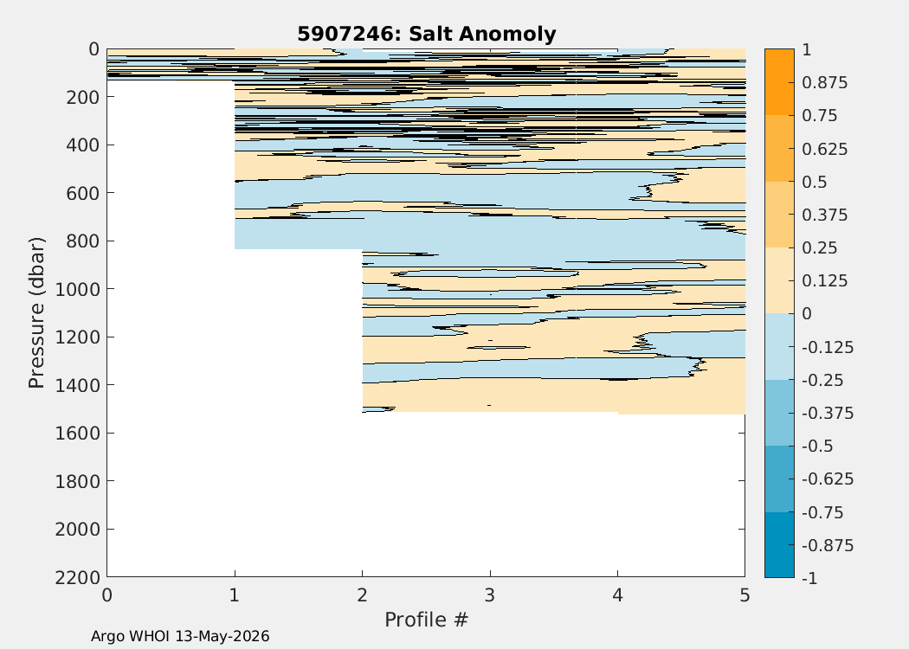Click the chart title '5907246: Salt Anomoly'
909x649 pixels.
click(x=427, y=34)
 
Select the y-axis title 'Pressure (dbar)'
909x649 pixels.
click(x=36, y=313)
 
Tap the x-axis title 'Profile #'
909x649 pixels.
click(x=426, y=620)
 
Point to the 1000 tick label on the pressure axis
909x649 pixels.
click(x=77, y=288)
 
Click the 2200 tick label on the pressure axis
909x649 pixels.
click(x=77, y=577)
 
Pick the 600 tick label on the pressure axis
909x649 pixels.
click(x=82, y=192)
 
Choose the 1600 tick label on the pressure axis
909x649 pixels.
click(x=77, y=433)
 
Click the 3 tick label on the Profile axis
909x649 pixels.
click(x=490, y=595)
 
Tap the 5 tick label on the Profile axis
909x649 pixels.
click(x=745, y=595)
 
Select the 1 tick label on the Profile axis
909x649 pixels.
click(x=235, y=595)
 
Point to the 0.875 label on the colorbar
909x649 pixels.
click(x=824, y=83)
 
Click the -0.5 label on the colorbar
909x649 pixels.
click(x=817, y=447)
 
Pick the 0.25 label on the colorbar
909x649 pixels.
click(x=820, y=248)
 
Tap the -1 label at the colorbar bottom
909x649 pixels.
click(x=809, y=578)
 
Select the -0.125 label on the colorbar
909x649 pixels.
click(x=828, y=348)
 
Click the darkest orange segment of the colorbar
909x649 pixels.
click(x=779, y=81)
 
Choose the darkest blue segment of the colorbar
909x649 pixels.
click(x=779, y=544)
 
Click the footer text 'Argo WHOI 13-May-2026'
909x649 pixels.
click(x=180, y=636)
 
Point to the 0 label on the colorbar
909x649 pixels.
click(x=807, y=314)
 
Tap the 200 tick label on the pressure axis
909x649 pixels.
click(x=82, y=96)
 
